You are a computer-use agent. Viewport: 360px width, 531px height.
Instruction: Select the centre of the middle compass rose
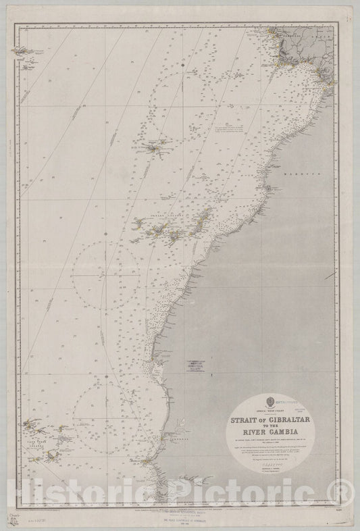click(108, 276)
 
